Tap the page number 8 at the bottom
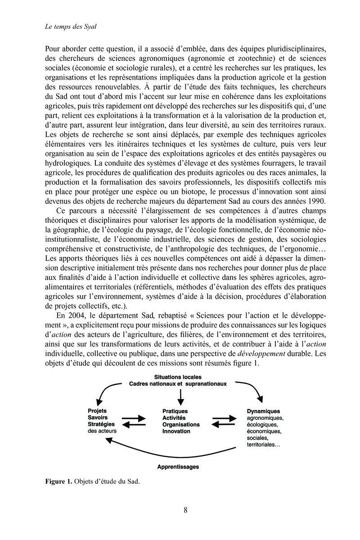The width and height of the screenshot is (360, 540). [186, 510]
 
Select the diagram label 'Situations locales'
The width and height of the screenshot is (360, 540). [178, 377]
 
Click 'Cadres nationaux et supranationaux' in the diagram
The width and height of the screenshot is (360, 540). [178, 384]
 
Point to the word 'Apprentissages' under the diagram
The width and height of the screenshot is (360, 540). [178, 467]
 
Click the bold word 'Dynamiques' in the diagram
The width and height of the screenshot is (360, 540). [264, 411]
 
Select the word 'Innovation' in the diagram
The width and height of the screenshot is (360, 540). [176, 432]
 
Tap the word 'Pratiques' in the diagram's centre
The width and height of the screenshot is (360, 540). [175, 411]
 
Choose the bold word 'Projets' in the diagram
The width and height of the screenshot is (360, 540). [97, 411]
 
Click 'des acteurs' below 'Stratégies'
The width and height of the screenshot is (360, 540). [102, 431]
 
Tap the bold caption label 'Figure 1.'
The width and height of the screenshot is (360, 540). [58, 481]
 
